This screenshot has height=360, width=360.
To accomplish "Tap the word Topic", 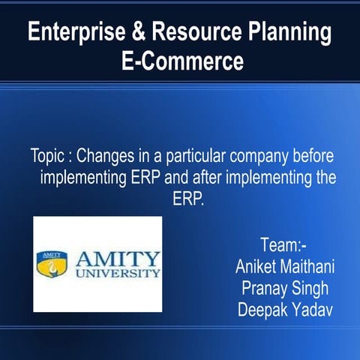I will (x=48, y=159).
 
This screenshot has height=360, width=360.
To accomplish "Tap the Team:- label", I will (x=282, y=245).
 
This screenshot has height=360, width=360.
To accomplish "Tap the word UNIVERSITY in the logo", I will (x=118, y=274).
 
